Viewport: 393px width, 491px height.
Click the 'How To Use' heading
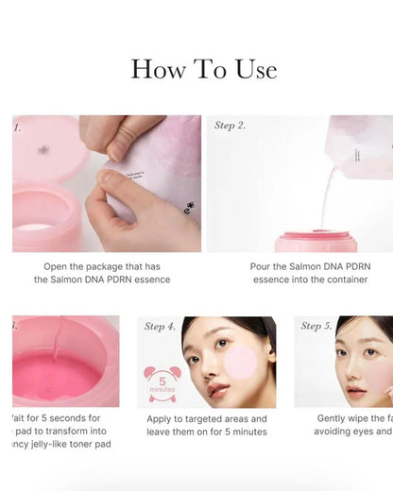[x=203, y=69]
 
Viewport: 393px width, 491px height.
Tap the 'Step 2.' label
[x=231, y=126]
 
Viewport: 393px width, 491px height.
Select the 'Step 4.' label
[x=160, y=327]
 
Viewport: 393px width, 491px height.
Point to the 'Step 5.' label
[x=316, y=327]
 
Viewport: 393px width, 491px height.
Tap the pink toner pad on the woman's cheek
[x=240, y=361]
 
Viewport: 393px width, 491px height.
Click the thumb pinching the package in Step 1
[x=111, y=184]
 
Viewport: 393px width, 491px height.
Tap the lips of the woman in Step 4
[x=218, y=388]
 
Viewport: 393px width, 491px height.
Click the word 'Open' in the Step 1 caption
[x=60, y=266]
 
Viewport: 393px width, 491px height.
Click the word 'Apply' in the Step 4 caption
[x=163, y=418]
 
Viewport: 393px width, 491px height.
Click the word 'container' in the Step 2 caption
[x=343, y=279]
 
